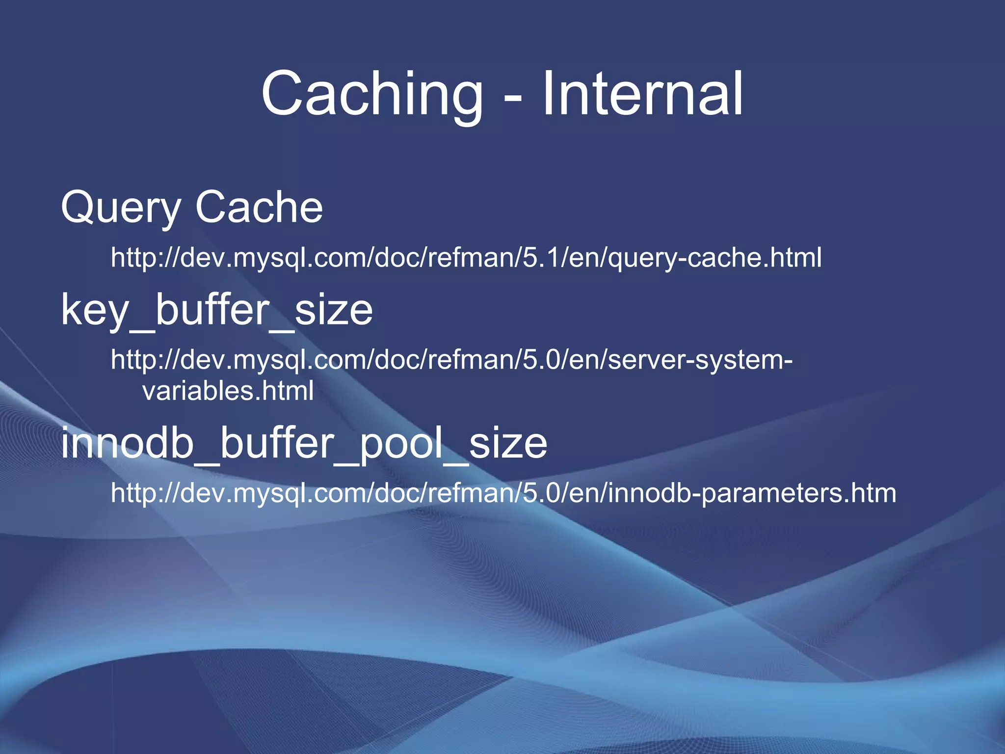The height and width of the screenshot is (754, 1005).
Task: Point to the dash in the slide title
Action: pyautogui.click(x=513, y=98)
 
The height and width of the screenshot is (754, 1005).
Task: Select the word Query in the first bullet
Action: pyautogui.click(x=121, y=208)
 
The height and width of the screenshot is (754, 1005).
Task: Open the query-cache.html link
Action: pyautogui.click(x=466, y=257)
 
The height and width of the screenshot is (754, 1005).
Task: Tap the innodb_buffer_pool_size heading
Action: pyautogui.click(x=304, y=443)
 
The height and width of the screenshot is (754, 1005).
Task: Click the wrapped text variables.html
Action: pyautogui.click(x=228, y=391)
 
